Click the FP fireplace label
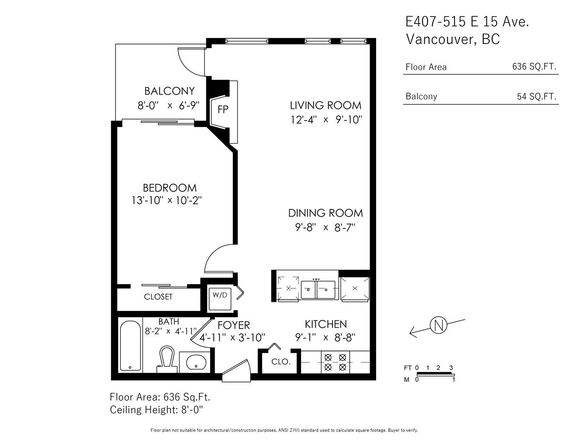click(x=223, y=109)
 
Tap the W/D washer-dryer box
click(x=220, y=299)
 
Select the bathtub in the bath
click(x=130, y=346)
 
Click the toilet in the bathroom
click(x=167, y=359)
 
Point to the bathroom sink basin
click(x=196, y=362)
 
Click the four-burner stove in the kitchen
click(x=335, y=362)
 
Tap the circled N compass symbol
click(x=438, y=325)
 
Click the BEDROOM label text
click(x=170, y=188)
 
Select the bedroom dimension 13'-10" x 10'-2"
click(x=167, y=201)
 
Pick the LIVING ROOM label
click(x=326, y=105)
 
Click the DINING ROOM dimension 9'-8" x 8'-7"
click(x=325, y=227)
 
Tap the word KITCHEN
click(x=326, y=324)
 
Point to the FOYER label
click(x=234, y=325)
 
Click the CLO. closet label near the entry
click(x=281, y=362)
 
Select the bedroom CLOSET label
click(x=158, y=297)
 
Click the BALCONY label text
click(x=169, y=91)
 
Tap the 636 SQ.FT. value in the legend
click(x=534, y=66)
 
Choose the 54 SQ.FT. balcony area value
click(x=537, y=96)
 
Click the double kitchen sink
click(x=318, y=290)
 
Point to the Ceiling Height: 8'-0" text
click(x=156, y=410)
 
